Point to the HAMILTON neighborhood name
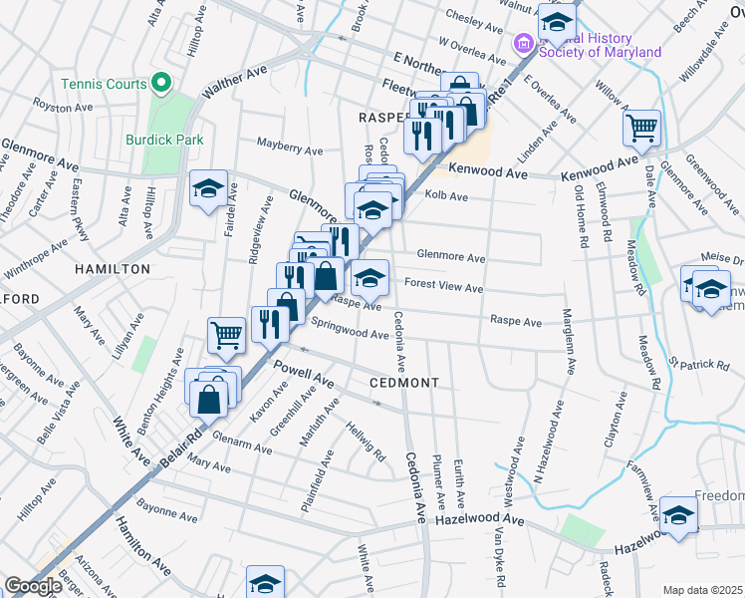coord(112,269)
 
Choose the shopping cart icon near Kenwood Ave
coord(641,128)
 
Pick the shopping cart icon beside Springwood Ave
coord(226,336)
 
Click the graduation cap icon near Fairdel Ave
coord(208,187)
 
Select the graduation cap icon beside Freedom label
coord(678,515)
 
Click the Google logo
coord(34,586)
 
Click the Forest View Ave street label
coord(443,288)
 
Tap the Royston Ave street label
coord(63,106)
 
